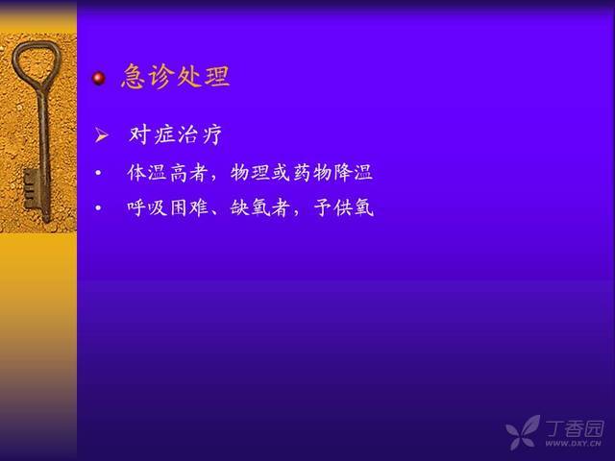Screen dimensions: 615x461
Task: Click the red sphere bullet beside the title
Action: [99, 79]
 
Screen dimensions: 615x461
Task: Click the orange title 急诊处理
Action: [175, 76]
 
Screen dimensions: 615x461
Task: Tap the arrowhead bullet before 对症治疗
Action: [102, 135]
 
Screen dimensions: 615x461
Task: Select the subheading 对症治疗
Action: [175, 134]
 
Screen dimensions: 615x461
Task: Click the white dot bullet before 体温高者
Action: [98, 173]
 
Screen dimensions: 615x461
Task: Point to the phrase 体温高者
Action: [167, 173]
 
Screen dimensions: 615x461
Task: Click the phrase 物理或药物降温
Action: [301, 173]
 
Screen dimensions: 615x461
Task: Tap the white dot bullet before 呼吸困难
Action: [98, 207]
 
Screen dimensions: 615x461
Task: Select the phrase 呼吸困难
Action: [167, 207]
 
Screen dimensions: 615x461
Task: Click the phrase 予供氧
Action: [344, 207]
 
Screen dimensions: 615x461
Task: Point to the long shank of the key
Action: [44, 153]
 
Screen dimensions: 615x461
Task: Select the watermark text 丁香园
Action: [575, 429]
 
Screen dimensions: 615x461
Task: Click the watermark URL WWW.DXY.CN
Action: [573, 444]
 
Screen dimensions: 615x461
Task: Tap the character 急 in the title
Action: [134, 76]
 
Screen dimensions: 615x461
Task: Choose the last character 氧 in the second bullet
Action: [364, 207]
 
